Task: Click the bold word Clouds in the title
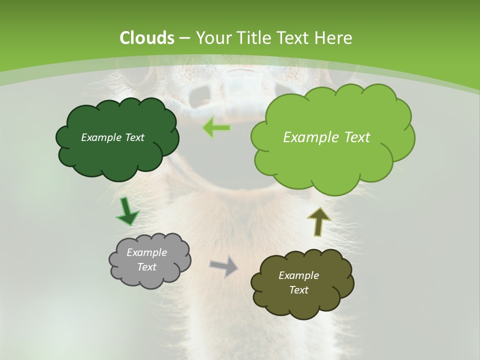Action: click(x=146, y=38)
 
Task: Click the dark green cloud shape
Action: click(x=117, y=155)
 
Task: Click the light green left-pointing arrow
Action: click(x=216, y=128)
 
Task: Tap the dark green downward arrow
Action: click(x=127, y=211)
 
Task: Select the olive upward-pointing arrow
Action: click(x=319, y=221)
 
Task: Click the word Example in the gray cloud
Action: click(x=146, y=252)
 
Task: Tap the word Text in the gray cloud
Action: click(x=146, y=267)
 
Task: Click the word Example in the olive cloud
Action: click(x=298, y=275)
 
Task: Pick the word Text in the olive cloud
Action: click(x=298, y=290)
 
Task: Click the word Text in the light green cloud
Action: click(x=353, y=137)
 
